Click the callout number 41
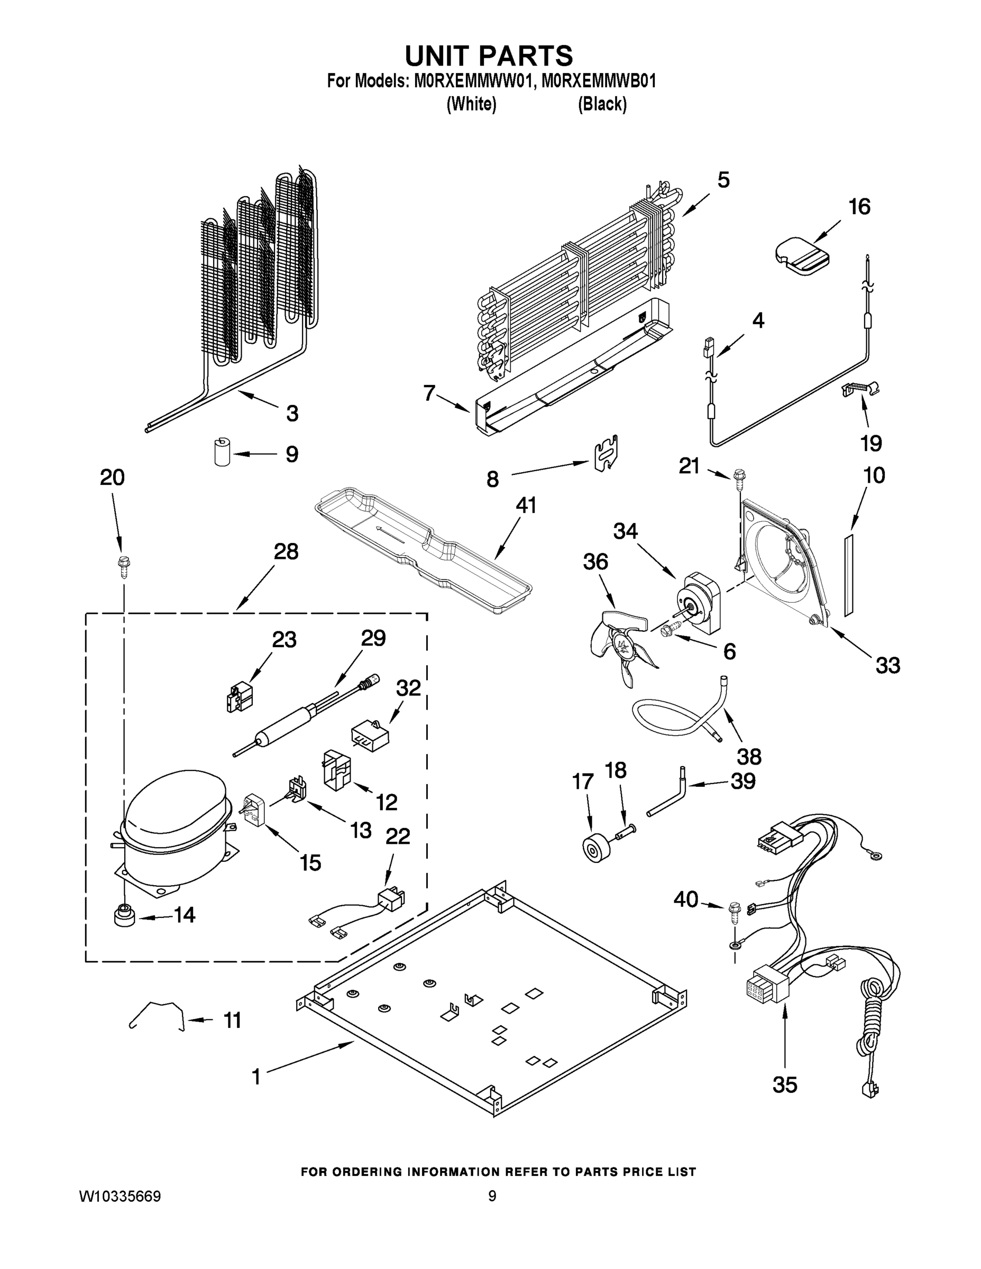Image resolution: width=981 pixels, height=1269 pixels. click(x=526, y=505)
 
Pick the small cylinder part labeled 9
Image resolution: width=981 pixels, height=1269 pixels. click(x=221, y=453)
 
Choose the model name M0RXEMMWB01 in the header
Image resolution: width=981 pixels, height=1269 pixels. click(x=599, y=81)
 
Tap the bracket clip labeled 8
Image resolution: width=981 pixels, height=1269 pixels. click(x=605, y=453)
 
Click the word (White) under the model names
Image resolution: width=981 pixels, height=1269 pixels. click(x=471, y=105)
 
